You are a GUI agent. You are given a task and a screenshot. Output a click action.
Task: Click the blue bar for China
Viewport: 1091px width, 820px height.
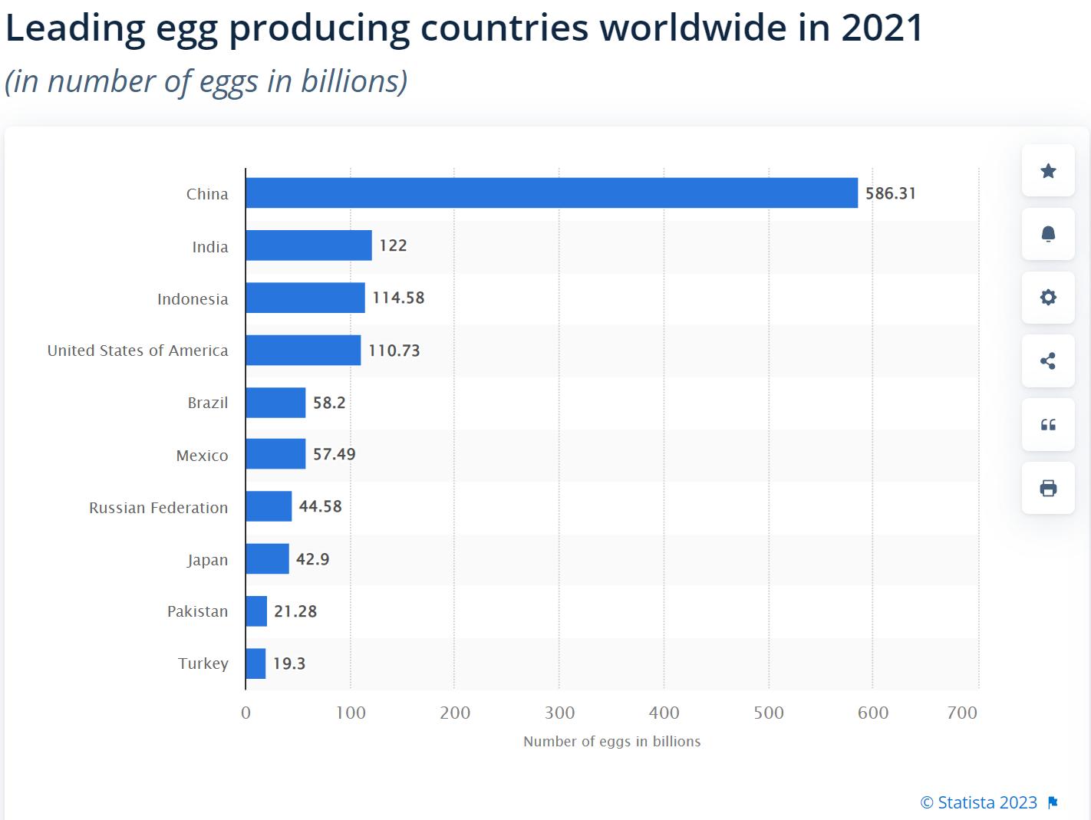(552, 193)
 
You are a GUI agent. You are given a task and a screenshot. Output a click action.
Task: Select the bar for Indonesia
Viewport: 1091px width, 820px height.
(305, 298)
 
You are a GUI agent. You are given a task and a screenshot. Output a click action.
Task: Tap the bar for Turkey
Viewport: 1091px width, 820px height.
(255, 664)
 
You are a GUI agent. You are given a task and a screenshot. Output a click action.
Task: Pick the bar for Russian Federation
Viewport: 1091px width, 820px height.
(269, 506)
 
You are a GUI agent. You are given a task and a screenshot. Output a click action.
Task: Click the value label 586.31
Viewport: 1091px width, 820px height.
(891, 193)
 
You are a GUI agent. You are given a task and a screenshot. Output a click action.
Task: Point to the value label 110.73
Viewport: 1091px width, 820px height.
(394, 351)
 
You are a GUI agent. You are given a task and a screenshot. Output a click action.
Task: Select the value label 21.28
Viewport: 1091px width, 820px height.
(295, 611)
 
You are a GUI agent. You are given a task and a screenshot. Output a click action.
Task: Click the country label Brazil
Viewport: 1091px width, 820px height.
(208, 403)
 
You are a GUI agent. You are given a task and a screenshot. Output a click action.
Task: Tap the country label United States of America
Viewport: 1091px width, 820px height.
(138, 351)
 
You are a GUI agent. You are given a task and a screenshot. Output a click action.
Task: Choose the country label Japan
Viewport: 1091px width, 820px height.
(208, 560)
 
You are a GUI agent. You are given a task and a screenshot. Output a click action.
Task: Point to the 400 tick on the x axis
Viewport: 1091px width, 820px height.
(664, 713)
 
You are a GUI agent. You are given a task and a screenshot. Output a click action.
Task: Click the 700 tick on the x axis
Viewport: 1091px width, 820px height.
(962, 713)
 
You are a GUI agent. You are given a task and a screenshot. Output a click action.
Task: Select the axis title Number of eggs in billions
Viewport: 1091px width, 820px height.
(611, 742)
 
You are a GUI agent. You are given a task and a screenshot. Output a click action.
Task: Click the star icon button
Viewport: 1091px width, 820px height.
(1048, 170)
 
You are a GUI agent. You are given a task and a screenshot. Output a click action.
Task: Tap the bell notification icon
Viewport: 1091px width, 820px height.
(1048, 234)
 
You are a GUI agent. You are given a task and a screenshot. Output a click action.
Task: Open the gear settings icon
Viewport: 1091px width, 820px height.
(1048, 297)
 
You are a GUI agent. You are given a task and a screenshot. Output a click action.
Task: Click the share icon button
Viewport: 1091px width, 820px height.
(1048, 361)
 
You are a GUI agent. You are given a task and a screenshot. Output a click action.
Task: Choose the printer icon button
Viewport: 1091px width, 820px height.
(1048, 488)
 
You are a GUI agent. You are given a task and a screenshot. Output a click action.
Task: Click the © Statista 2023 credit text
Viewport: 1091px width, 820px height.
(978, 802)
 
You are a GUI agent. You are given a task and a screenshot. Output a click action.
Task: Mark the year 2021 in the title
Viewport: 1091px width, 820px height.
(882, 28)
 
